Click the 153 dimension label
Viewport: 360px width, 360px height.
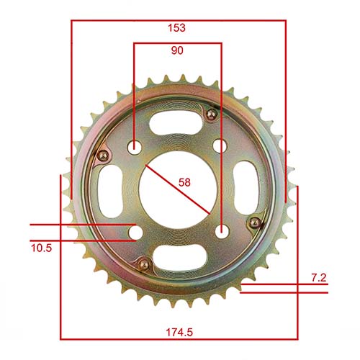click(x=176, y=28)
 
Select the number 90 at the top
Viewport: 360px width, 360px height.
click(x=176, y=51)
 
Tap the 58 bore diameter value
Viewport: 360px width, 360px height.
click(x=184, y=182)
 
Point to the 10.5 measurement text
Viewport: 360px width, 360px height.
click(x=42, y=248)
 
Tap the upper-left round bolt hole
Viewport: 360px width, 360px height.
click(x=135, y=147)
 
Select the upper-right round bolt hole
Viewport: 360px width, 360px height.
click(x=220, y=146)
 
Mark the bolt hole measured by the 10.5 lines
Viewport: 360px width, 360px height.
click(x=135, y=232)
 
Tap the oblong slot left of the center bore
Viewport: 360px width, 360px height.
click(x=109, y=189)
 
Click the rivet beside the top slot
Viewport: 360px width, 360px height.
click(x=210, y=115)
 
